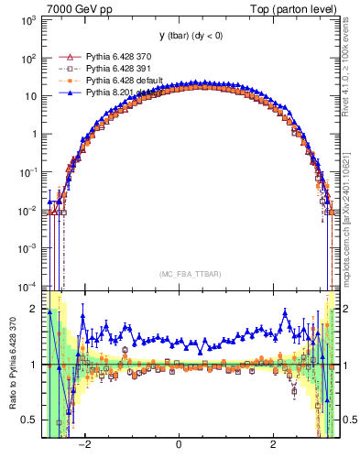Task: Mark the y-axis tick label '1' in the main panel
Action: click(x=33, y=134)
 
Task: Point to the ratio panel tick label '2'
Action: click(x=33, y=308)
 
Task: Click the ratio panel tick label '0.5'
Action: click(x=29, y=420)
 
